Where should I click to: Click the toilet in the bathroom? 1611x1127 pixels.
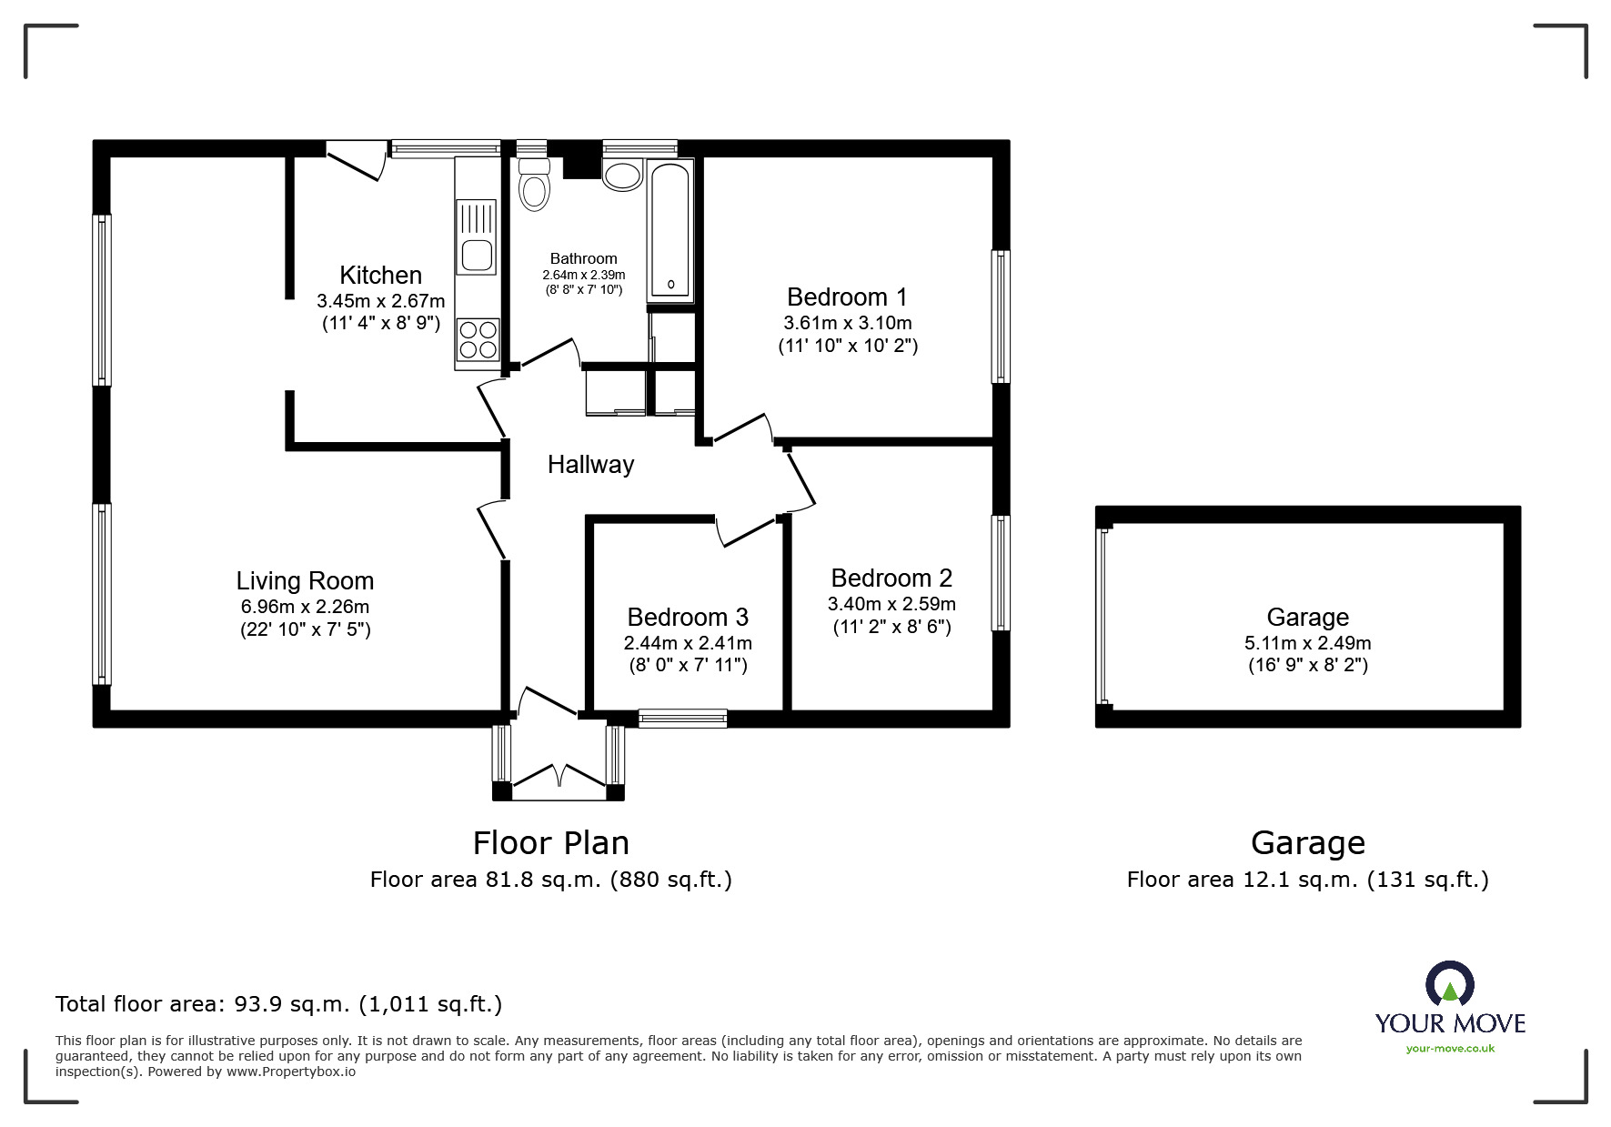coord(534,185)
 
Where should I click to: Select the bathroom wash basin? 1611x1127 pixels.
coord(622,174)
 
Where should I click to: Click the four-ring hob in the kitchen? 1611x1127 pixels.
coord(478,339)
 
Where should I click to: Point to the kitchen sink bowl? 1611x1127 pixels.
coord(477,256)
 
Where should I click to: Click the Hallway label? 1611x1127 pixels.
coord(590,465)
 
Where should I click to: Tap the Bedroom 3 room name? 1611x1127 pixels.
coord(688,618)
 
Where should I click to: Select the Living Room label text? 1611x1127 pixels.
coord(305,580)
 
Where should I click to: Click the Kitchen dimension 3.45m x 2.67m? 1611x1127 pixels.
coord(381,301)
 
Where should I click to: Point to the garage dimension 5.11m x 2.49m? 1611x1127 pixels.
coord(1308,643)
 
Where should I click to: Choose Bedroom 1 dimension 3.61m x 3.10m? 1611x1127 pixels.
coord(848,323)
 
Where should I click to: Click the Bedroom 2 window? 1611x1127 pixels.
coord(1001,573)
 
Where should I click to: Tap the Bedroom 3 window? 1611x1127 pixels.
coord(683,719)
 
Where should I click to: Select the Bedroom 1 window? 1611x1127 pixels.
coord(1001,317)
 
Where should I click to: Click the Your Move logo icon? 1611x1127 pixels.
coord(1449,985)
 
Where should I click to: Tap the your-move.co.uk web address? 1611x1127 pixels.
coord(1450,1049)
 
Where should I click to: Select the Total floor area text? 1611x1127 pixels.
coord(278,1005)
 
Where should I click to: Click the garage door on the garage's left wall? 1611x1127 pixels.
coord(1103,617)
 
